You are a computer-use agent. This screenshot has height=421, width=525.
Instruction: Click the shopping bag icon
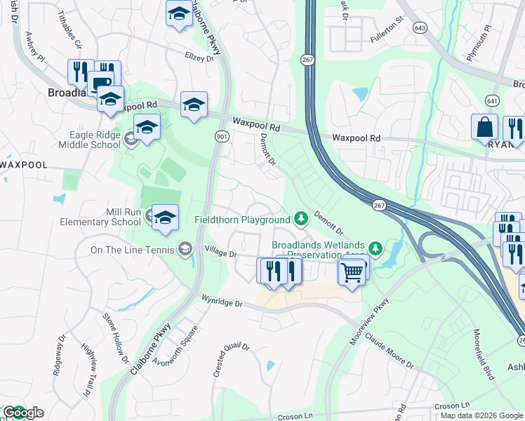pyautogui.click(x=484, y=127)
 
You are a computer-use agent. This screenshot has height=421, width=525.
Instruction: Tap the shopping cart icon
pyautogui.click(x=352, y=271)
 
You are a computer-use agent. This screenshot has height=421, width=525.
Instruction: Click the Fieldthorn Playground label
pyautogui.click(x=241, y=220)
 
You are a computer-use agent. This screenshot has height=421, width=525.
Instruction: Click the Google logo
pyautogui.click(x=22, y=413)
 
